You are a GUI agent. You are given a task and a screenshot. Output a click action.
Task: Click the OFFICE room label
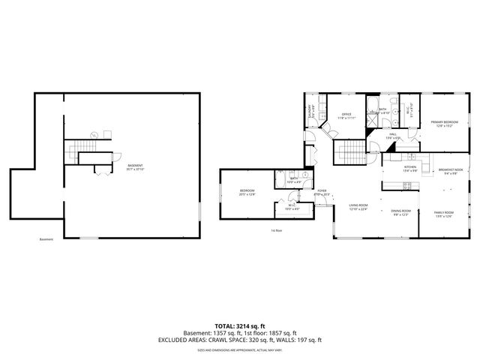pyautogui.click(x=346, y=115)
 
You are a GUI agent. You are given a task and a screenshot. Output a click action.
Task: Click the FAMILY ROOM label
pyautogui.click(x=444, y=214)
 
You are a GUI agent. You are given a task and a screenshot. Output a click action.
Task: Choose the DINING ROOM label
pyautogui.click(x=400, y=212)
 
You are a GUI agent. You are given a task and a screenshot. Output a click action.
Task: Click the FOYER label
pyautogui.click(x=321, y=193)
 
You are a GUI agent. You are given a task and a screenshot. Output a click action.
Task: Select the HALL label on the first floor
pyautogui.click(x=392, y=136)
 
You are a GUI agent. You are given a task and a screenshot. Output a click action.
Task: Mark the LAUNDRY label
pyautogui.click(x=310, y=111)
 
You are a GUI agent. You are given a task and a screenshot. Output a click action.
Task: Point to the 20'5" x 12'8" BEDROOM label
pyautogui.click(x=247, y=193)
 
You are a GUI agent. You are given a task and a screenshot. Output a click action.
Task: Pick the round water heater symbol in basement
pyautogui.click(x=94, y=135)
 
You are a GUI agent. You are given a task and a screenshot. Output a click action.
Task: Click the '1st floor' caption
pyautogui.click(x=277, y=230)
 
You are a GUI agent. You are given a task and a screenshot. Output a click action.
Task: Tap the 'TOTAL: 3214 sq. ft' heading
pyautogui.click(x=239, y=325)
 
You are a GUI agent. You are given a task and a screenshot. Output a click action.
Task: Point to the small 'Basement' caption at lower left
pyautogui.click(x=46, y=240)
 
